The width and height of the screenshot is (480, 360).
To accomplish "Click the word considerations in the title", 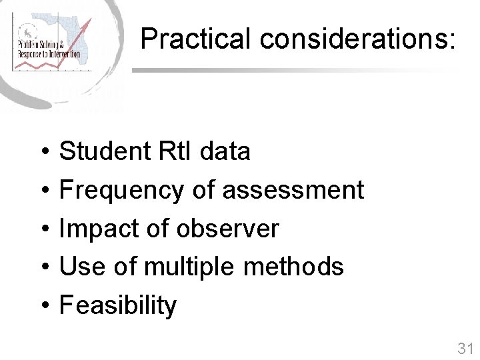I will tap(357, 39).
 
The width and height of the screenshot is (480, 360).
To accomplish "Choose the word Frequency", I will tap(121, 190).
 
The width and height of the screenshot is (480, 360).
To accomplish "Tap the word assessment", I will tap(293, 190).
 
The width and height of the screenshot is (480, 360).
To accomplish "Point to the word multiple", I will tap(189, 267).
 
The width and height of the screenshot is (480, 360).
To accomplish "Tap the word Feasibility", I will tap(118, 305).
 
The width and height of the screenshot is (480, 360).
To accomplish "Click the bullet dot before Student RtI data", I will tap(42, 152).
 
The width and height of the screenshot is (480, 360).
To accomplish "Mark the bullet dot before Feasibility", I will tap(42, 306).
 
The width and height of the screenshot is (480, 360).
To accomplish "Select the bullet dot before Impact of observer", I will tap(42, 229).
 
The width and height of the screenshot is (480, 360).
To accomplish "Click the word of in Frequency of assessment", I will tap(203, 190).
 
